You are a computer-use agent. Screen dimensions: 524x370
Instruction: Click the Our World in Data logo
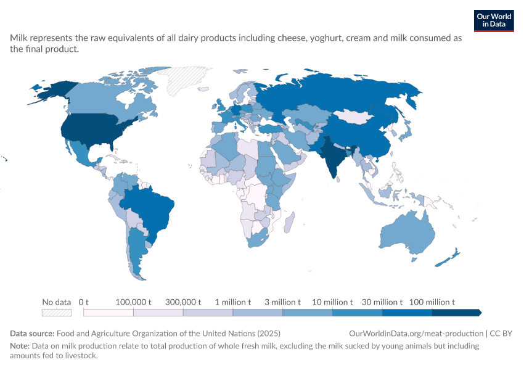(x=494, y=21)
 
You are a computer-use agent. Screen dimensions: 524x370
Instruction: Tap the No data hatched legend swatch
(x=57, y=313)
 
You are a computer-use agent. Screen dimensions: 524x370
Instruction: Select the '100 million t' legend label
(x=432, y=302)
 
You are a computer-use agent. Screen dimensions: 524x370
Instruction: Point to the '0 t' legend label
(x=84, y=302)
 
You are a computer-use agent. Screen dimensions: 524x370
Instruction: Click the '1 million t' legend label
(x=232, y=302)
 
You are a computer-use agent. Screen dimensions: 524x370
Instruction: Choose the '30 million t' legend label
(x=382, y=302)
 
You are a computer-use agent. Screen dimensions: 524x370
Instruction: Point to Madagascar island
(x=289, y=222)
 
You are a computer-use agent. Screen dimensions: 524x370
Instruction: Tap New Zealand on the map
(x=448, y=258)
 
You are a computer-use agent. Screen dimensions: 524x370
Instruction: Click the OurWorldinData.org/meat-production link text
(x=416, y=333)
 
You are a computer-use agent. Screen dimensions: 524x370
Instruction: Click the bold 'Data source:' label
(x=32, y=333)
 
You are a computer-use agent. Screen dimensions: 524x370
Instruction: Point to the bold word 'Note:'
(x=20, y=345)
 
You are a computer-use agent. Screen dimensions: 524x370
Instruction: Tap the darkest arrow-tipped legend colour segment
(x=456, y=313)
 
